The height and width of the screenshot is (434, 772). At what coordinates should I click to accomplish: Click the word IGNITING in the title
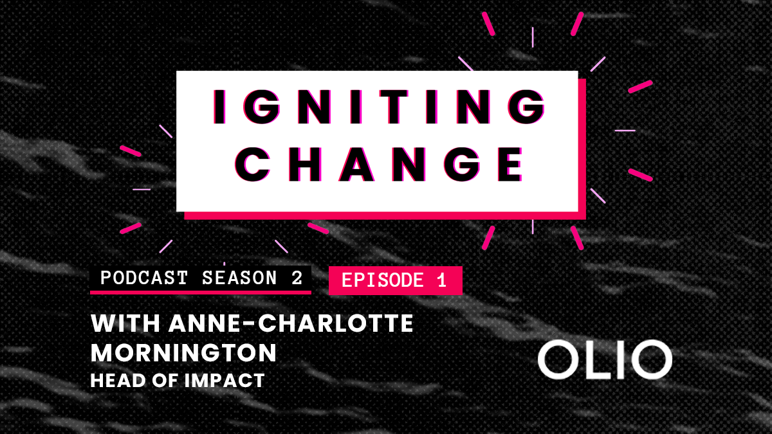point(379,107)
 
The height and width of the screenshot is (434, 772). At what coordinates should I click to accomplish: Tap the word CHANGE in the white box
point(379,165)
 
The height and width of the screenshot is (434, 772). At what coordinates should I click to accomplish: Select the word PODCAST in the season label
point(144,278)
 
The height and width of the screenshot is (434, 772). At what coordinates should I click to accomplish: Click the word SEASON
point(239,278)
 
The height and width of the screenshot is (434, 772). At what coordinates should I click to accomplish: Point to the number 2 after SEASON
point(297,278)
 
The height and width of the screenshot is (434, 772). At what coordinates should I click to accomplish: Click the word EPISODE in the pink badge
point(383,280)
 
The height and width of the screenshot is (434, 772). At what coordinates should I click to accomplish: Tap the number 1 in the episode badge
point(442,280)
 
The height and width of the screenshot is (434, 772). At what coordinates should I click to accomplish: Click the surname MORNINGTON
point(184,353)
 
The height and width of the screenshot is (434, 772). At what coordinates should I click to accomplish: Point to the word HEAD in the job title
point(118,381)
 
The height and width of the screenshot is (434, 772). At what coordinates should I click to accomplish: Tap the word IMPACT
point(225,381)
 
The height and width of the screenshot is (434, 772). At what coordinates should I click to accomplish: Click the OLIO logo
point(605,359)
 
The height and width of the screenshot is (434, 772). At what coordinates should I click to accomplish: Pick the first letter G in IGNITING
point(262,107)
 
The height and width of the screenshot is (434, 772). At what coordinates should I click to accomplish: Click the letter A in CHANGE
point(356,165)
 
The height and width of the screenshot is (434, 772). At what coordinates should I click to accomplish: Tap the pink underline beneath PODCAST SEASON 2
point(201,293)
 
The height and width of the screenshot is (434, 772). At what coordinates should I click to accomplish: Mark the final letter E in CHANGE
point(510,165)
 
